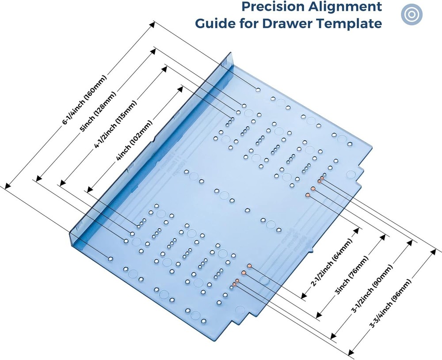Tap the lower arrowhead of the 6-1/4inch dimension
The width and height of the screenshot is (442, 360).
pyautogui.click(x=5, y=187)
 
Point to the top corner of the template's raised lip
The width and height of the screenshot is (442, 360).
pyautogui.click(x=230, y=54)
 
